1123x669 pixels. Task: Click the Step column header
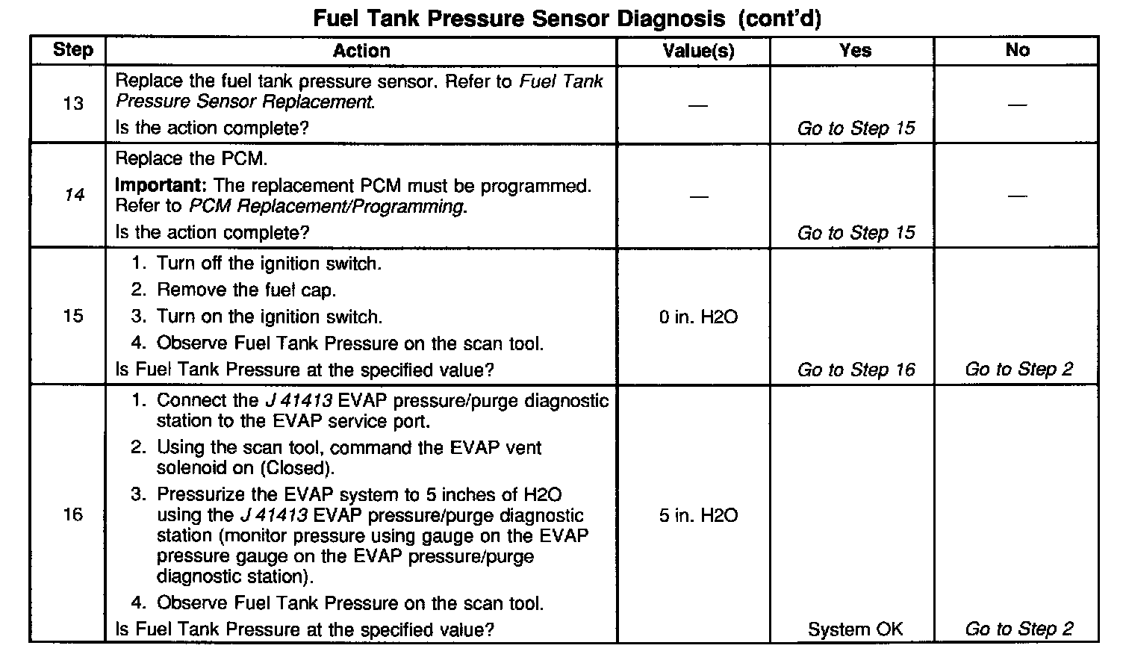click(x=72, y=50)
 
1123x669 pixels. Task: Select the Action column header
click(x=361, y=51)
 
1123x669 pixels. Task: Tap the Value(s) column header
click(x=698, y=51)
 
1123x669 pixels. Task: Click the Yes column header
click(x=855, y=50)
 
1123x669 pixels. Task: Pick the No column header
click(x=1018, y=50)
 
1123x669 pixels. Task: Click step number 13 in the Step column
click(x=73, y=104)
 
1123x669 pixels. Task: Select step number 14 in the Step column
click(x=73, y=196)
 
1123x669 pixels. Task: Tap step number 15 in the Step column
click(x=73, y=316)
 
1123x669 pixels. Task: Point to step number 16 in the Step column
click(x=73, y=514)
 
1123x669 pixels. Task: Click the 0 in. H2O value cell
click(x=698, y=317)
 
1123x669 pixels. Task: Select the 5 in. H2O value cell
click(x=698, y=515)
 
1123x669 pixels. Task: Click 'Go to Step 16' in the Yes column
click(x=856, y=370)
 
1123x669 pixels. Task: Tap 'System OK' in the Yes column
click(x=855, y=629)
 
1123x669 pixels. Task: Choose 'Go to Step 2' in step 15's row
click(x=1018, y=370)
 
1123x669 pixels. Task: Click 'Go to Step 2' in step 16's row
click(x=1018, y=629)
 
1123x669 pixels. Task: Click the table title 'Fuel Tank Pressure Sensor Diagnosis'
click(x=519, y=18)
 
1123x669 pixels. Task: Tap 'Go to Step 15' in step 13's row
click(x=856, y=128)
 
